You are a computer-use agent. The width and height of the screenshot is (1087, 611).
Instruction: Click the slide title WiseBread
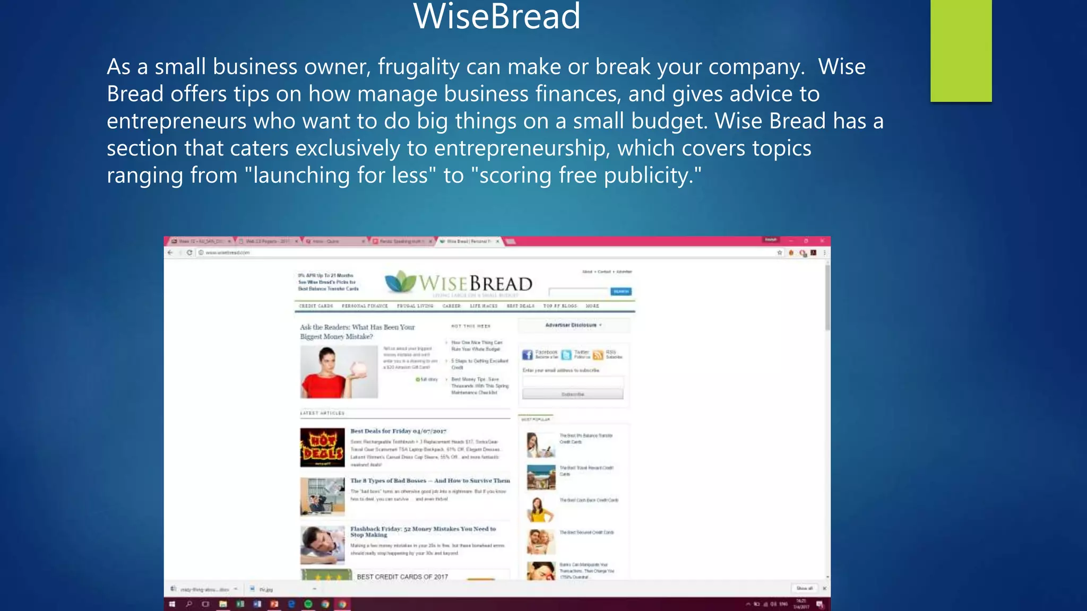coord(497,17)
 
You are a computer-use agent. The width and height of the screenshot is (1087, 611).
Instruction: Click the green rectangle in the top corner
coord(961,50)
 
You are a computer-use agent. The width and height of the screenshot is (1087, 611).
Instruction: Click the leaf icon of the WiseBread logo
coord(400,281)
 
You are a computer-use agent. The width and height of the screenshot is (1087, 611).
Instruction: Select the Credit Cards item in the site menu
coord(316,306)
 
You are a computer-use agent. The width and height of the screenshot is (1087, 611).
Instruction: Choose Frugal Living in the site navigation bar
coord(415,306)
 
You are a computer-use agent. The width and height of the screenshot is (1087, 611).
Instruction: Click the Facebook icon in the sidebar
coord(527,355)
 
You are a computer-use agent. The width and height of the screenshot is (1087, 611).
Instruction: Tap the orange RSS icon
coord(598,355)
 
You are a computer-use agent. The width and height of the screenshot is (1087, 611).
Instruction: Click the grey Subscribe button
coord(573,394)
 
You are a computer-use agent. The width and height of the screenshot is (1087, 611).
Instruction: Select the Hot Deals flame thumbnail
coord(322,448)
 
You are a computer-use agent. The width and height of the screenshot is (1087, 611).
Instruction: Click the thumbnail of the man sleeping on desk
coord(322,545)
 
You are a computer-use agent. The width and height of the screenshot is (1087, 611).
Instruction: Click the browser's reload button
coord(189,252)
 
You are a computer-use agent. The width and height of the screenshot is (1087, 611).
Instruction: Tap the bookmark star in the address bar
coord(780,253)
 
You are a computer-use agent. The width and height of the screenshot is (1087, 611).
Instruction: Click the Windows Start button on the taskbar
coord(172,604)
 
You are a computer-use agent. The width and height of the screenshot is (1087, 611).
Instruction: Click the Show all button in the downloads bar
coord(804,588)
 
